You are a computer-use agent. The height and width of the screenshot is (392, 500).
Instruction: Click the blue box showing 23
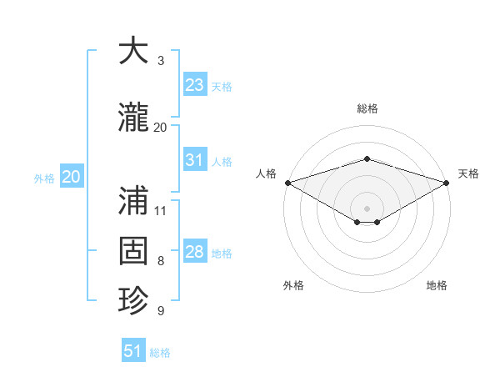(x=194, y=85)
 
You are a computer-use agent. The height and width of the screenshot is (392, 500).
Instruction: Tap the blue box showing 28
(x=194, y=252)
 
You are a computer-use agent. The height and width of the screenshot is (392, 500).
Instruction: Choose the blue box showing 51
(x=133, y=351)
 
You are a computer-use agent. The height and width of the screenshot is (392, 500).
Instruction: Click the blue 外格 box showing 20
(x=72, y=177)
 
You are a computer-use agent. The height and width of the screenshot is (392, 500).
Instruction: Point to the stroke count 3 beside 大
(x=161, y=61)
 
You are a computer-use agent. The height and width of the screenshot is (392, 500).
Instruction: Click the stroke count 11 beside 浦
(x=161, y=210)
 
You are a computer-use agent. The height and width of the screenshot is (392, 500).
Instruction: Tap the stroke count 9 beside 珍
(x=161, y=311)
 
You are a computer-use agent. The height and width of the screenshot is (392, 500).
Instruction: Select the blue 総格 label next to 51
(x=160, y=353)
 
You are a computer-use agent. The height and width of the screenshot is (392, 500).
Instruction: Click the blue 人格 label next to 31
(x=222, y=162)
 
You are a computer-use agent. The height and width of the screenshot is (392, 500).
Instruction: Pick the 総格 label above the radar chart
(x=367, y=108)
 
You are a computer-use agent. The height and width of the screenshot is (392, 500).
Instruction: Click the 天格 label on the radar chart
(x=469, y=173)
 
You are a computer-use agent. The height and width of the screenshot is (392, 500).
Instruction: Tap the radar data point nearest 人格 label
(x=287, y=183)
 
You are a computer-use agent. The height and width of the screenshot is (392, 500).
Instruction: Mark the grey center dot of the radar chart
(x=367, y=208)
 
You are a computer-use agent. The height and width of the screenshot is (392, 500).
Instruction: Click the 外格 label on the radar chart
(x=293, y=285)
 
